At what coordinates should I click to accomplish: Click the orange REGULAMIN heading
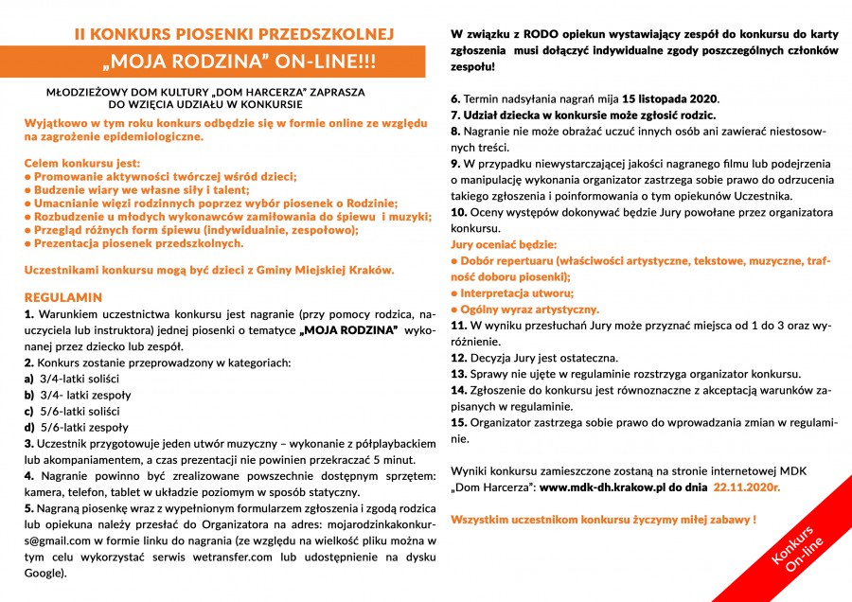pyautogui.click(x=62, y=296)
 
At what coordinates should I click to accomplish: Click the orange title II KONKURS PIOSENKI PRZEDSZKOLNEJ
pyautogui.click(x=234, y=35)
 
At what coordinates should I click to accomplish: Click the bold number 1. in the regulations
pyautogui.click(x=29, y=312)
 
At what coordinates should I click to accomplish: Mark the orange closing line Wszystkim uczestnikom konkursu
pyautogui.click(x=603, y=520)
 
